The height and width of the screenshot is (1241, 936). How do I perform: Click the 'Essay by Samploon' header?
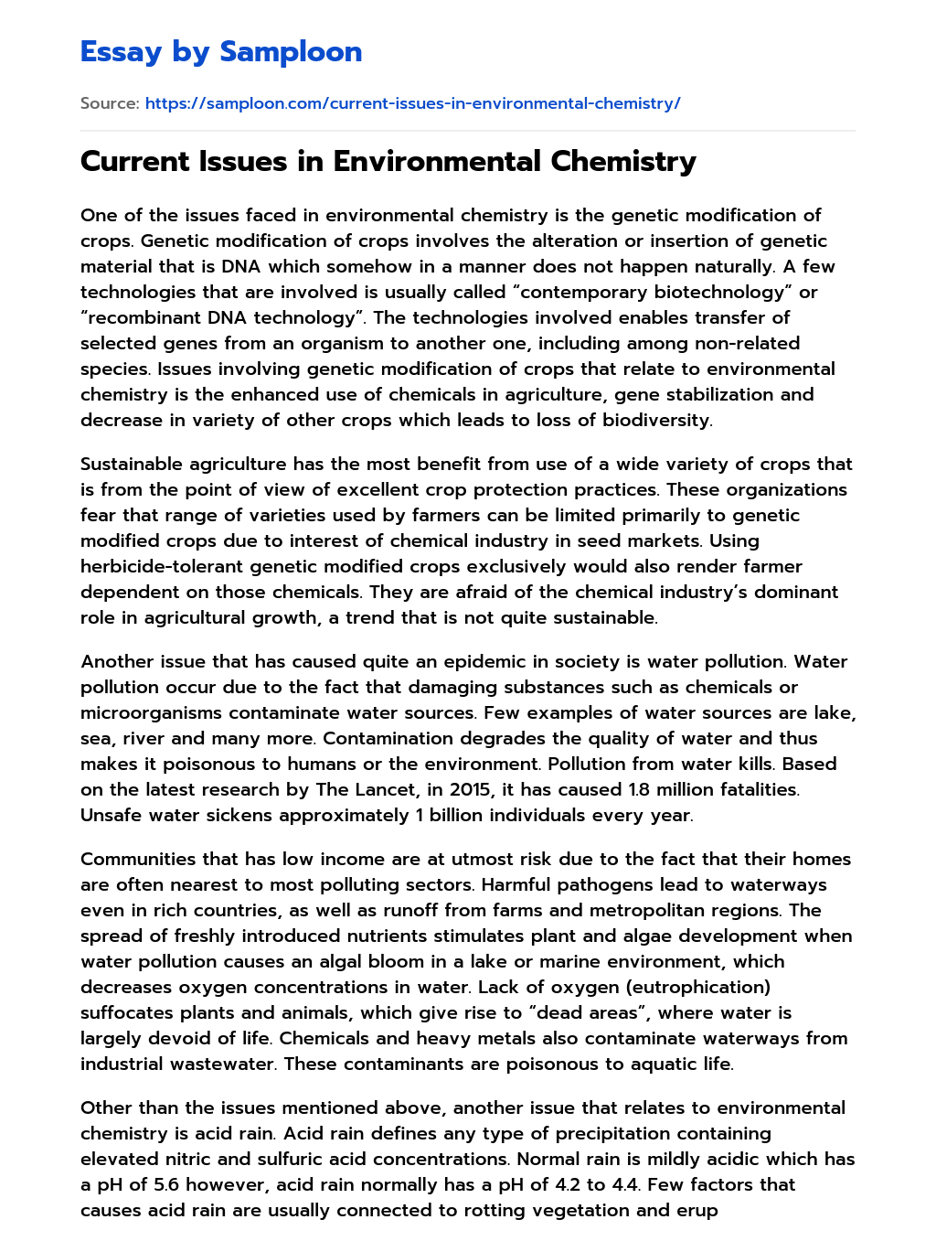221,52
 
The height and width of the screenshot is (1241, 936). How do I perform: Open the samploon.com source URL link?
412,103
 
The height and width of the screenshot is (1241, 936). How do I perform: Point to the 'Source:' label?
110,103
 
